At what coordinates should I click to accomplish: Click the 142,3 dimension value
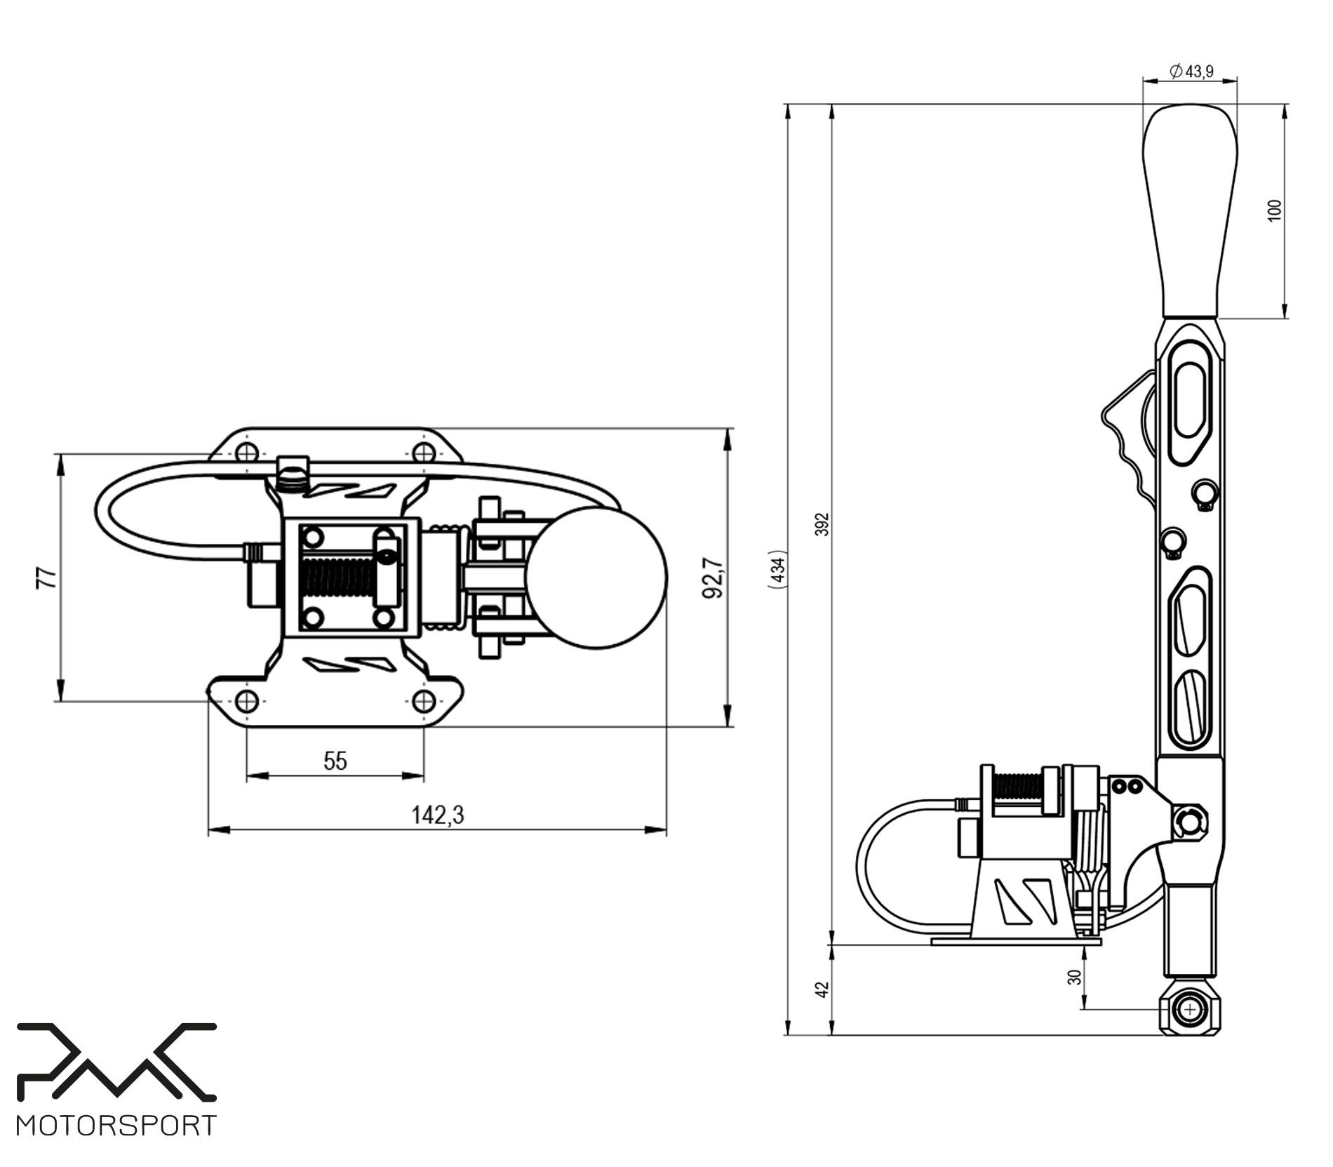(437, 815)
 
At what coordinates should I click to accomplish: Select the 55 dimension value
(335, 761)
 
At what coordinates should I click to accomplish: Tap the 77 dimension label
(47, 577)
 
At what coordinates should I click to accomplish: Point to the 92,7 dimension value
(711, 578)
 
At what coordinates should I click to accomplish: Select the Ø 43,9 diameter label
(1191, 71)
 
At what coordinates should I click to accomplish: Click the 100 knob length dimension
(1275, 211)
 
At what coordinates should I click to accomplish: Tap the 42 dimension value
(822, 989)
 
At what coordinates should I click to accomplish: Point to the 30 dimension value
(1074, 976)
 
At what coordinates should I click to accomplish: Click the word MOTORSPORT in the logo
(116, 1126)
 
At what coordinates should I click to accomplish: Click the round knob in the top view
(596, 577)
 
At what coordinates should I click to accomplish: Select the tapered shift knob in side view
(1190, 211)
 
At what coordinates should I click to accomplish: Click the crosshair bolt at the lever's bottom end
(1191, 1010)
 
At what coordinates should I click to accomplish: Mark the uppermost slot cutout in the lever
(1191, 400)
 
